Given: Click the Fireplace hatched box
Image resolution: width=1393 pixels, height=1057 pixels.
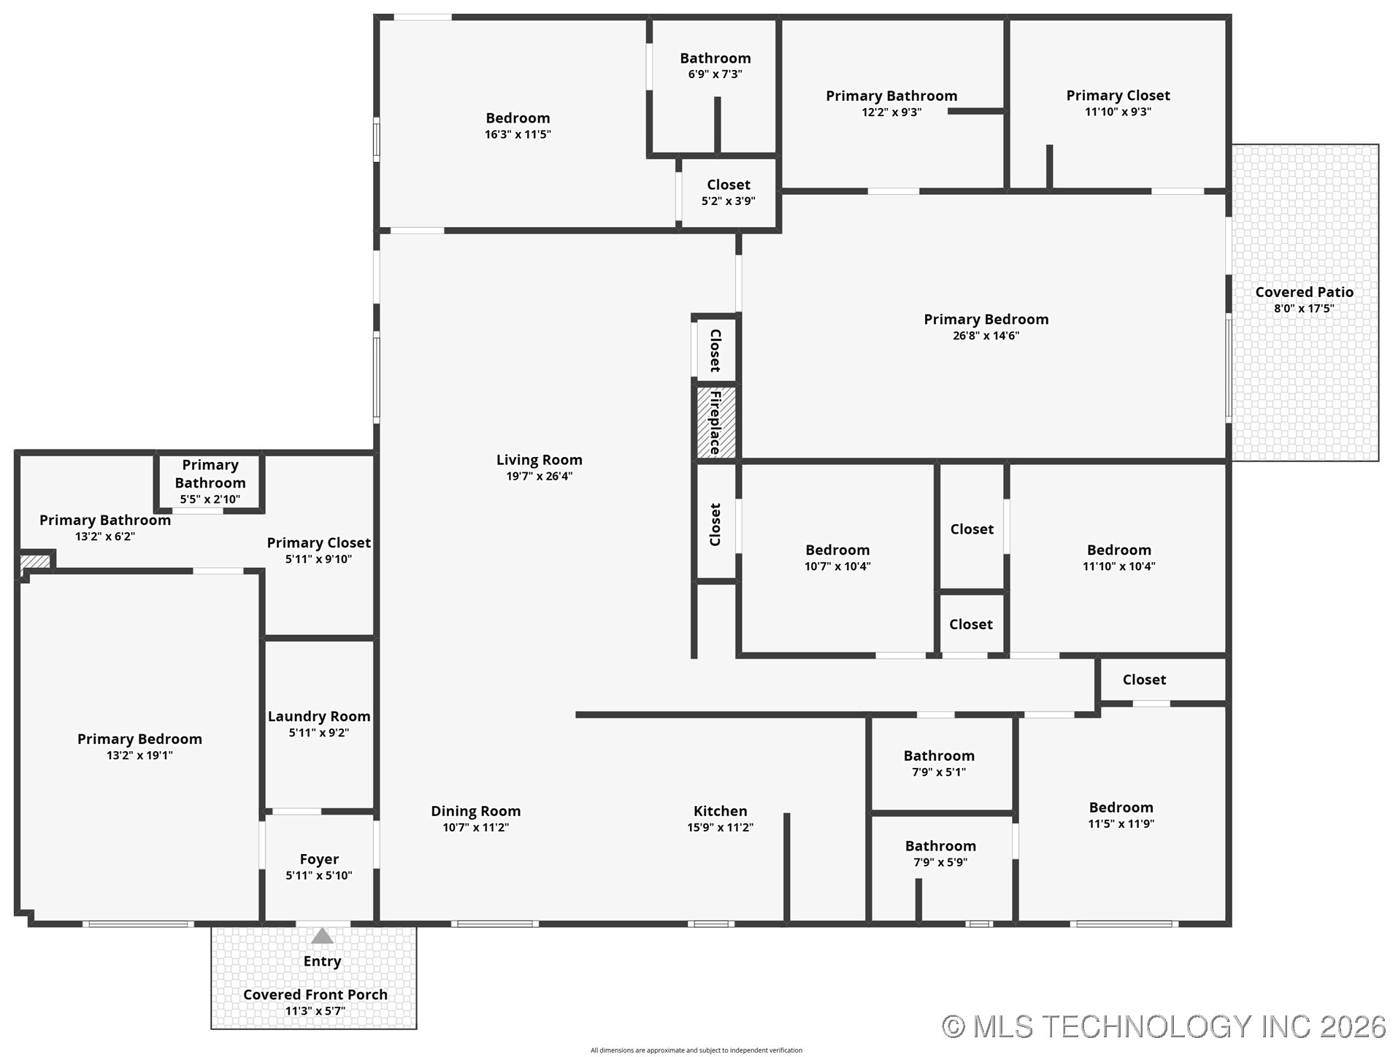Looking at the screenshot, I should pyautogui.click(x=715, y=422).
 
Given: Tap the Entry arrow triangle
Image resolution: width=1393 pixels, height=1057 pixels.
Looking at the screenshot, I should pyautogui.click(x=322, y=936).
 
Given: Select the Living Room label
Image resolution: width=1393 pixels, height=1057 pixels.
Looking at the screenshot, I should pyautogui.click(x=539, y=460).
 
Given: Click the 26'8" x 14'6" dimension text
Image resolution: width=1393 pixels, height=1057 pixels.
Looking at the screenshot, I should pyautogui.click(x=986, y=336).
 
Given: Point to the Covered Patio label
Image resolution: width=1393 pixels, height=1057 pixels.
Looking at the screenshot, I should pyautogui.click(x=1304, y=292).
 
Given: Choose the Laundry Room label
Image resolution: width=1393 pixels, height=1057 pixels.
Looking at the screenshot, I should pyautogui.click(x=318, y=716).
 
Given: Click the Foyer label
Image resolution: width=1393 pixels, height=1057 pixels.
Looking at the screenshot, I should pyautogui.click(x=319, y=859).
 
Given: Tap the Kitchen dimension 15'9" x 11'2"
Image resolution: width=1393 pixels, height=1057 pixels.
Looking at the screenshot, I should pyautogui.click(x=720, y=827).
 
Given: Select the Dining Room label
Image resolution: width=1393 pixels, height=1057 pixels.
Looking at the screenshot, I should pyautogui.click(x=475, y=811).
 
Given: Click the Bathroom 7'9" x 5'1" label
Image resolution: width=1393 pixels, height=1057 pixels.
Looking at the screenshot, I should pyautogui.click(x=938, y=756).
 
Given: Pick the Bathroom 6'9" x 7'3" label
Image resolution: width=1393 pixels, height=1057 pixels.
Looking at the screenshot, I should pyautogui.click(x=715, y=58).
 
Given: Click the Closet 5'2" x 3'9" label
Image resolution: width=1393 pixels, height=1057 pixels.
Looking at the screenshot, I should pyautogui.click(x=728, y=185).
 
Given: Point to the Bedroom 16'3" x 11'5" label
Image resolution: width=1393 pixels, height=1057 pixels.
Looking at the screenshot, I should pyautogui.click(x=518, y=118).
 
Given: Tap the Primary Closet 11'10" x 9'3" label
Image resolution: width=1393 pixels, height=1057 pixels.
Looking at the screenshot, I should pyautogui.click(x=1118, y=96).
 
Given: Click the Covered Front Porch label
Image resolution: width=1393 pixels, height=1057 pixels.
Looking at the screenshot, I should pyautogui.click(x=315, y=994).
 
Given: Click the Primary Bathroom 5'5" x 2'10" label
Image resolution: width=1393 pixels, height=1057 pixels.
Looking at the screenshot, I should pyautogui.click(x=210, y=474).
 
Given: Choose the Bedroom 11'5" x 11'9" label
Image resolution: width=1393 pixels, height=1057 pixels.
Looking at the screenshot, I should pyautogui.click(x=1121, y=807).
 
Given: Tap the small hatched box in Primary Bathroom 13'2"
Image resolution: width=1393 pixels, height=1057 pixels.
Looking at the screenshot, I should pyautogui.click(x=34, y=561).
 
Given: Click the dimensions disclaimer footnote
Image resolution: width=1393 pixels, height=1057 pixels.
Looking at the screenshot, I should pyautogui.click(x=696, y=1050).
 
